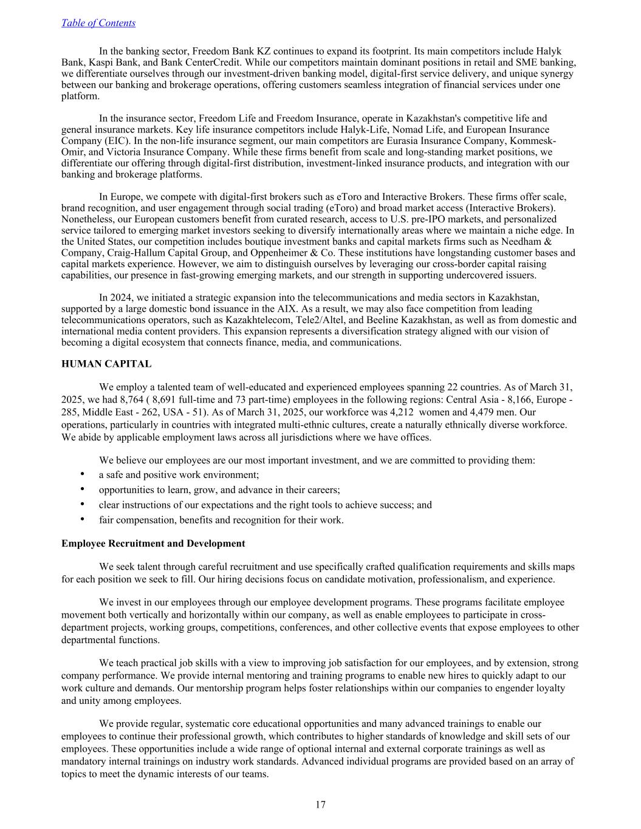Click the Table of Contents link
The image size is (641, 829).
click(x=98, y=23)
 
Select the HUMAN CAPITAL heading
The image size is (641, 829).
click(x=106, y=364)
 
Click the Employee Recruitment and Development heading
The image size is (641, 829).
click(x=153, y=544)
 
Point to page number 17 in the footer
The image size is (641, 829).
click(x=320, y=805)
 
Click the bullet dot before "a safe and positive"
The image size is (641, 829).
click(x=81, y=474)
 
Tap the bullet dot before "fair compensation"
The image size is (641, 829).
click(x=81, y=519)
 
